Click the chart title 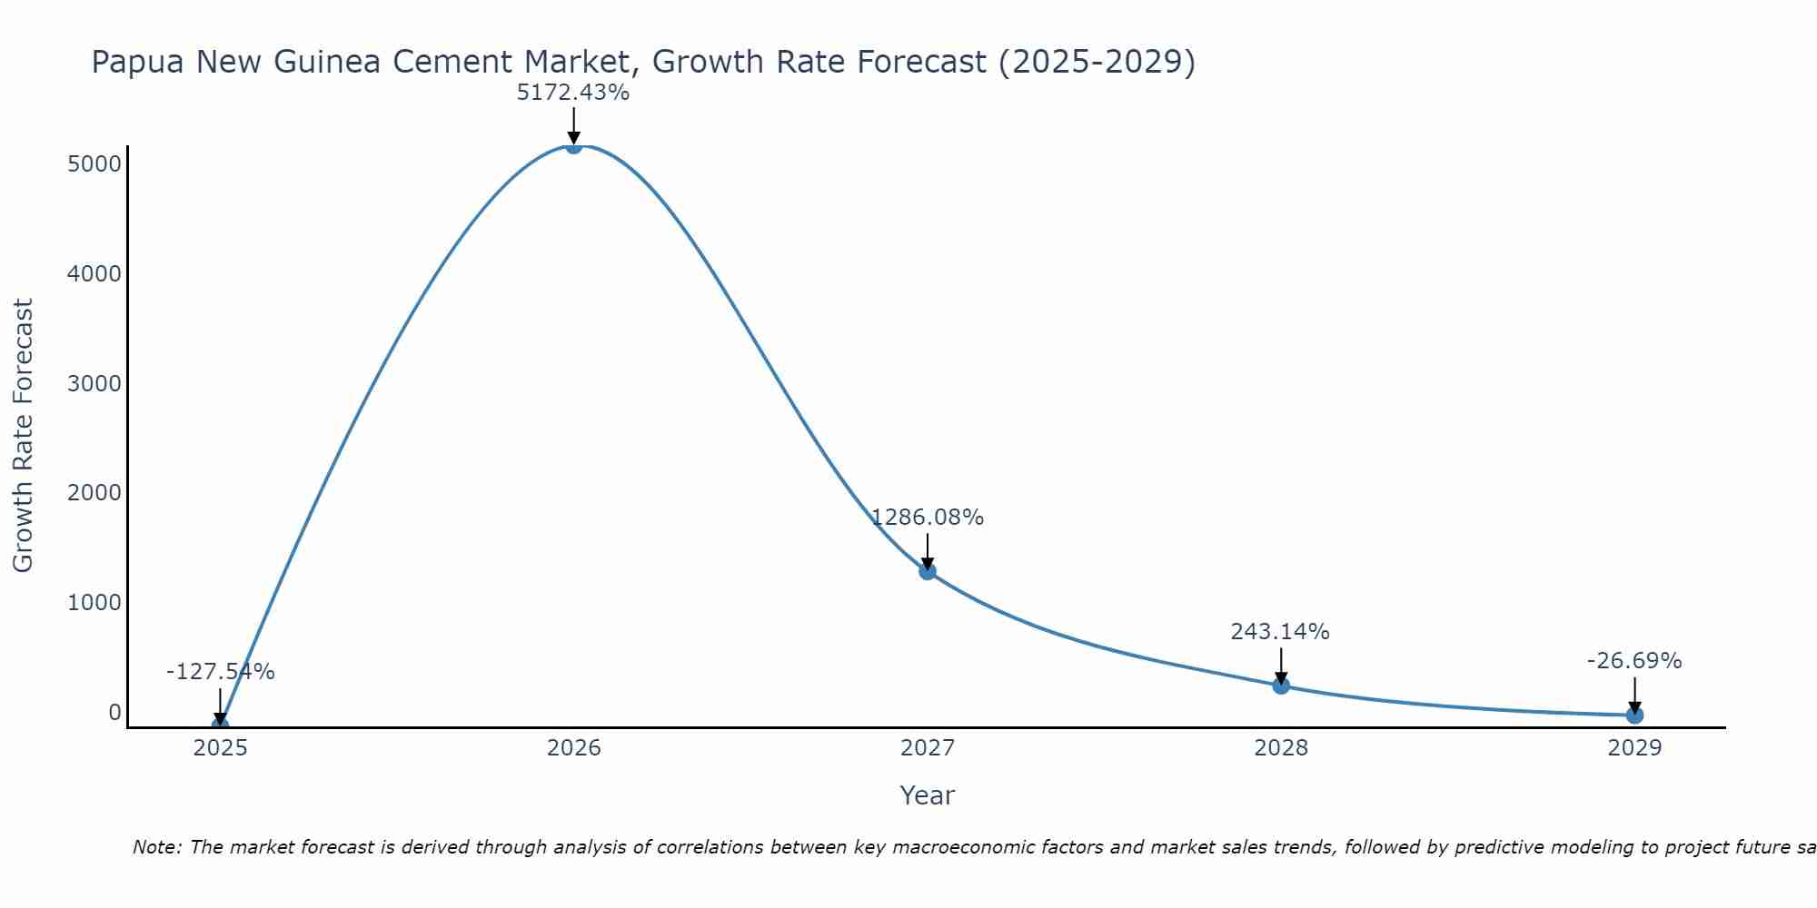643,62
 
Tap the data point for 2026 573,144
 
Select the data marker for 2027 928,571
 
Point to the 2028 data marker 1281,686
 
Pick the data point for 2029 1634,715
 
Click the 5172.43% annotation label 573,93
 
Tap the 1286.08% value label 928,518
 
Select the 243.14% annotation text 1280,632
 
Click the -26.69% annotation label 1634,661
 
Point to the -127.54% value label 221,672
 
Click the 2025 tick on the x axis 221,748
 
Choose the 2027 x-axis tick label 928,748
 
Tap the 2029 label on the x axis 1634,748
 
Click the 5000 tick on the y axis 94,164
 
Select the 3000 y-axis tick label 94,383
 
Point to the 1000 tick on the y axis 94,603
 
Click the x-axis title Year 927,795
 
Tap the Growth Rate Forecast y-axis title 23,436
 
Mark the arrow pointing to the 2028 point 1281,666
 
